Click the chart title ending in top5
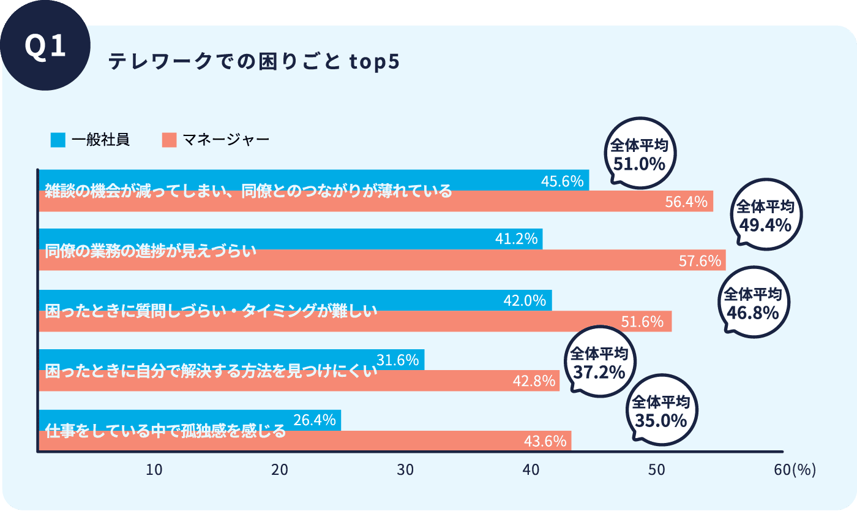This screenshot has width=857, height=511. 253,62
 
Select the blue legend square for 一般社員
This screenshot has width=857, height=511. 58,140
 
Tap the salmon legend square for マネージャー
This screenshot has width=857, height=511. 169,140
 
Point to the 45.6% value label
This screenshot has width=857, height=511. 562,181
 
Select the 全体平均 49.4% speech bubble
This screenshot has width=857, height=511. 765,217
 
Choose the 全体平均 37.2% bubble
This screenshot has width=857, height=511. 598,363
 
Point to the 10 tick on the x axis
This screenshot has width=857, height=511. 154,469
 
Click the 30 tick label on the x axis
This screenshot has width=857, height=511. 405,469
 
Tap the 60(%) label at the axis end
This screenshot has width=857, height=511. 795,469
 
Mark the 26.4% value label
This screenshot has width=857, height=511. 315,420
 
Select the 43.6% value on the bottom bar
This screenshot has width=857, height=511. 545,441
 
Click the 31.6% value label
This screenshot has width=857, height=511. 397,360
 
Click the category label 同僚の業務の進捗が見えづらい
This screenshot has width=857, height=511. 151,251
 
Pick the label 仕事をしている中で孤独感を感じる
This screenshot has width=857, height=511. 165,431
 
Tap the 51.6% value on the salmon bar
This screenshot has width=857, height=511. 642,322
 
